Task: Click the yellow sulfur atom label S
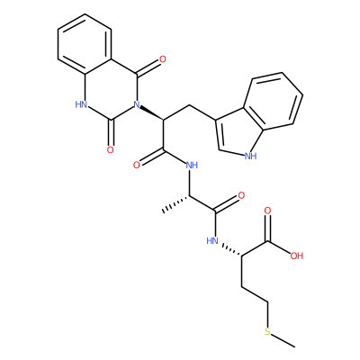(x=267, y=332)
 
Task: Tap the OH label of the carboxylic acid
(x=297, y=256)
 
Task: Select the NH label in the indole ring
(x=251, y=156)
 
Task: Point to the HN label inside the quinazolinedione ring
(x=81, y=104)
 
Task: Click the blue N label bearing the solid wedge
(x=137, y=104)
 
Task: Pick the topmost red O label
(x=163, y=59)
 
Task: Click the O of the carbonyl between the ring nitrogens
(x=111, y=149)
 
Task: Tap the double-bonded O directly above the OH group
(x=267, y=211)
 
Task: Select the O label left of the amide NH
(x=137, y=165)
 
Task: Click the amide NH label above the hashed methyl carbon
(x=192, y=165)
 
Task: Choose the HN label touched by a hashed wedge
(x=212, y=240)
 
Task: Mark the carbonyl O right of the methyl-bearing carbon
(x=241, y=195)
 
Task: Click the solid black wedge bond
(x=152, y=112)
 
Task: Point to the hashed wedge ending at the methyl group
(x=176, y=203)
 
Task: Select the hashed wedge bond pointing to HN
(x=231, y=250)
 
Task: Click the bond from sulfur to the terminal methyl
(x=283, y=341)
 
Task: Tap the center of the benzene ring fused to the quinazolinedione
(x=85, y=44)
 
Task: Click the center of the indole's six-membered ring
(x=273, y=102)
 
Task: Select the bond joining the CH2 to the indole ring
(x=202, y=113)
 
